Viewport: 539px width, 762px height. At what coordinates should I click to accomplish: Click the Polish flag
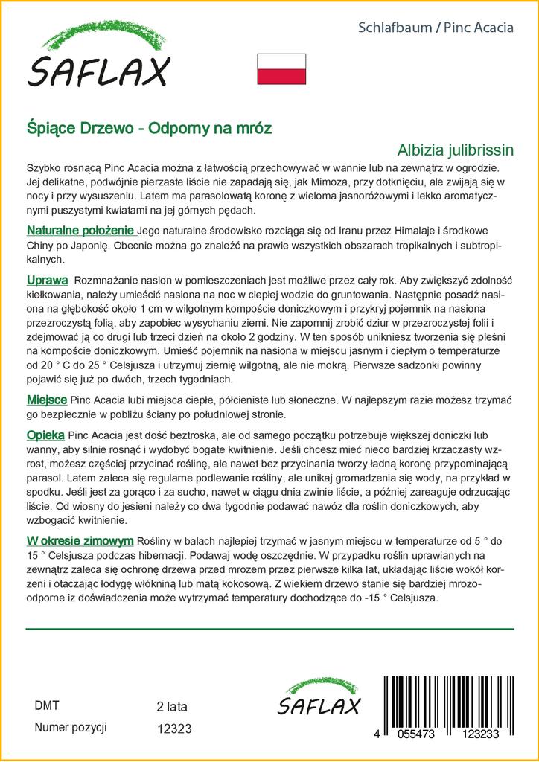tap(281, 68)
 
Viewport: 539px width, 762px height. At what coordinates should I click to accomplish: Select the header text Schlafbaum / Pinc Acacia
tap(436, 28)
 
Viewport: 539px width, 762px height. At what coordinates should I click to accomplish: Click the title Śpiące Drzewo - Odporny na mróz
tap(149, 128)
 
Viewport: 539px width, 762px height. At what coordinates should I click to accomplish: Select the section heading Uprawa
tap(47, 280)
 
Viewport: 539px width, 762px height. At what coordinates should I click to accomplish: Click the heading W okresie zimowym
tap(80, 540)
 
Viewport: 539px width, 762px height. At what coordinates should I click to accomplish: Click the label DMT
tap(47, 705)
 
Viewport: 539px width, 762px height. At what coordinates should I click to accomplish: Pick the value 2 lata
tap(173, 706)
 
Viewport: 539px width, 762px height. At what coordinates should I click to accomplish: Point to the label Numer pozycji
tap(71, 727)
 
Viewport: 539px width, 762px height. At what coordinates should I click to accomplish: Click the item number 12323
tap(175, 730)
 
